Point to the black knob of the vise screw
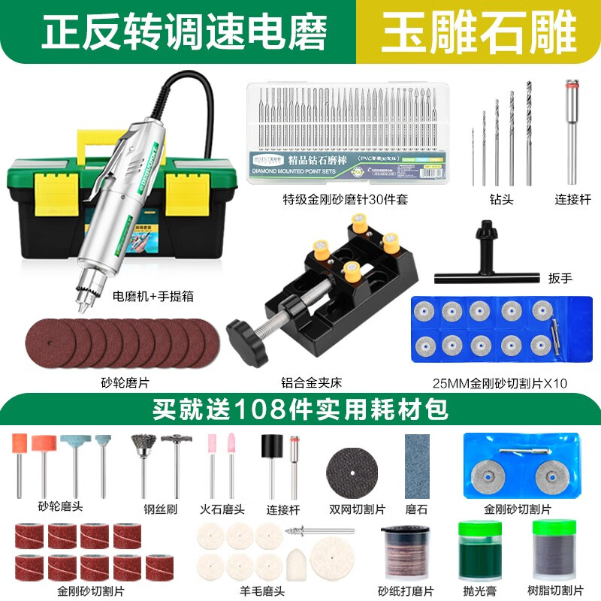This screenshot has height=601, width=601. pos(243,331)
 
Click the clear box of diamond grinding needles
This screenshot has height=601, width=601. pos(346,131)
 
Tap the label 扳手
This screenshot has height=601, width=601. pos(560,278)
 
